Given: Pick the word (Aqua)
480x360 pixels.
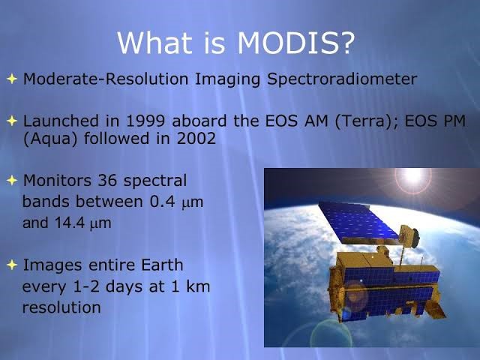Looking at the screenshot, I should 46,139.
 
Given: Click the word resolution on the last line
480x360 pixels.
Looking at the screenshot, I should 61,307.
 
